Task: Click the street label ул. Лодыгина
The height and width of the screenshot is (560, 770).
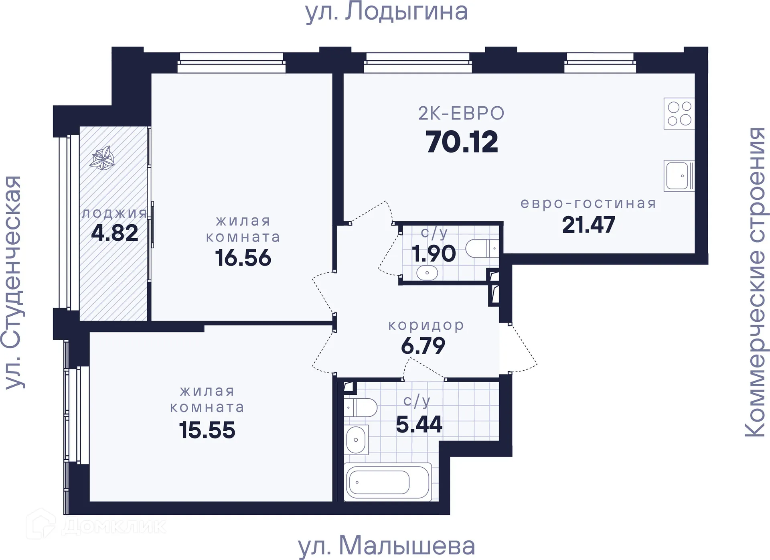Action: tap(386, 12)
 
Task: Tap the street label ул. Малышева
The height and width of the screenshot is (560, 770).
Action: tap(386, 546)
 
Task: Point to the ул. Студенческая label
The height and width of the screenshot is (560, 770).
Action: tap(13, 282)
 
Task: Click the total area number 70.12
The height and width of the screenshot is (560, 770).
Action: tap(462, 142)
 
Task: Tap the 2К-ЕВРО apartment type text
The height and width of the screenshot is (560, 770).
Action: tap(461, 114)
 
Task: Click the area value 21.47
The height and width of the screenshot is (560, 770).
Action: tap(588, 225)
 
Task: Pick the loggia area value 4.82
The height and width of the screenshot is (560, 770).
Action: tap(115, 233)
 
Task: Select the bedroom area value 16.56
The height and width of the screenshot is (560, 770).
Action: tap(243, 258)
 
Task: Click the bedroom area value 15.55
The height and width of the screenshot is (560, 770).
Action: tap(207, 430)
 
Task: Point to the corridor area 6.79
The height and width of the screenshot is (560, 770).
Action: tap(423, 346)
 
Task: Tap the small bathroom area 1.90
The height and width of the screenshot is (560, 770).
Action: tap(434, 254)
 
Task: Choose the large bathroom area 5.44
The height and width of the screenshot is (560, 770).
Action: tap(419, 424)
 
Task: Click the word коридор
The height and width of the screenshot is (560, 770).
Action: tap(426, 325)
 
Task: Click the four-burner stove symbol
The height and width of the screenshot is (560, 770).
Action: tap(679, 114)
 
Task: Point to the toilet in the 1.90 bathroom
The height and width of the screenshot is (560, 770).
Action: tap(481, 248)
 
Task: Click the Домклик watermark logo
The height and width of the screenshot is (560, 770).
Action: tap(96, 525)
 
